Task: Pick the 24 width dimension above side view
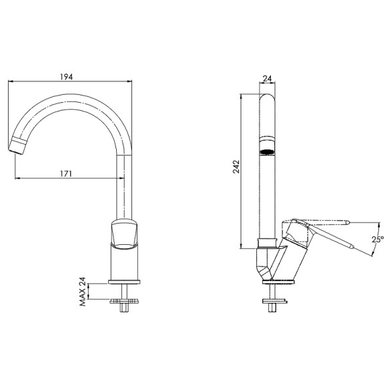[267, 79]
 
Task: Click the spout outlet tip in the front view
[19, 145]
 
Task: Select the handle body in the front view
[125, 233]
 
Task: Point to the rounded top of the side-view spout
[267, 100]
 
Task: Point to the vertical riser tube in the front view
[125, 187]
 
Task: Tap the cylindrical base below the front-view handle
[125, 264]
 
